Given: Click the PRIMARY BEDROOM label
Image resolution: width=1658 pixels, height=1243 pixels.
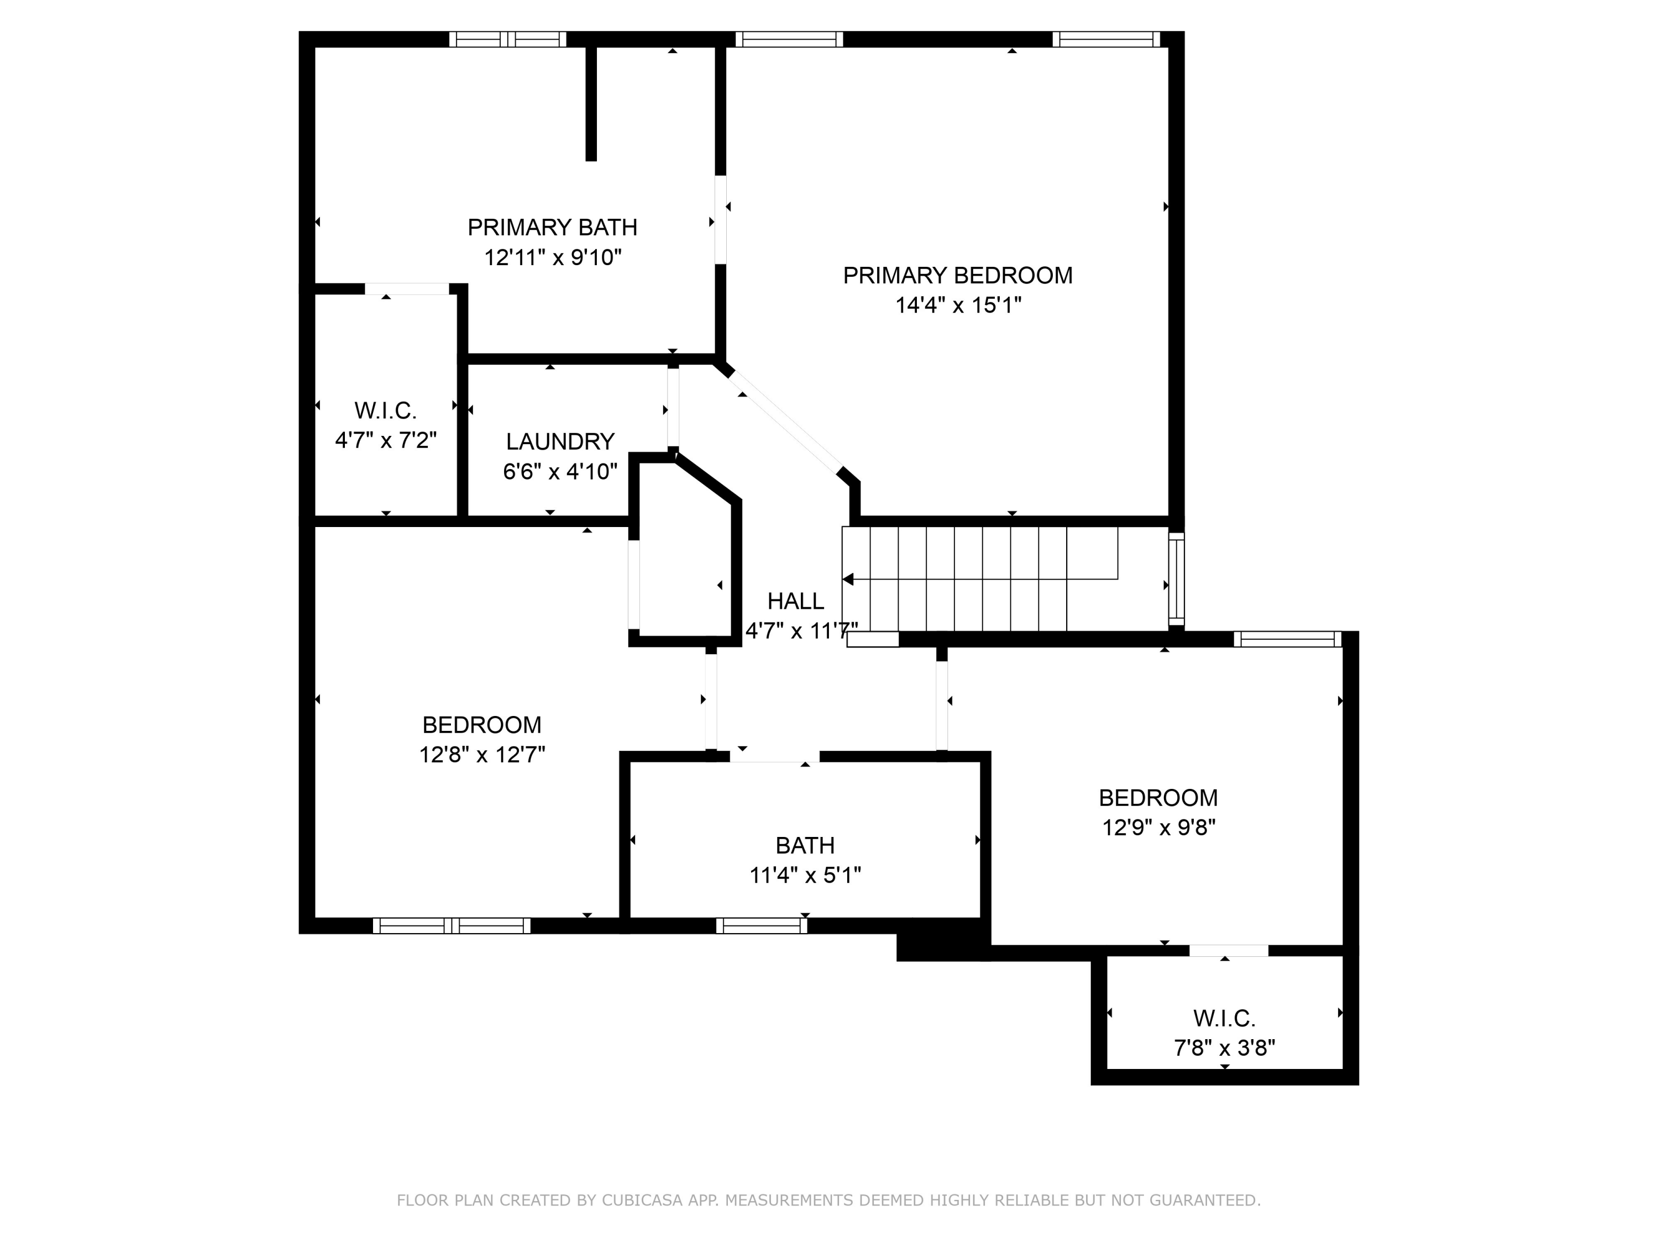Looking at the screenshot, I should tap(957, 276).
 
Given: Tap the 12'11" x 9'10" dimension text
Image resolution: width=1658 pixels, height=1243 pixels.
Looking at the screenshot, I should tap(553, 258).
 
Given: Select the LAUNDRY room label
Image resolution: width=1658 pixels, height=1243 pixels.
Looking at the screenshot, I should tap(560, 441).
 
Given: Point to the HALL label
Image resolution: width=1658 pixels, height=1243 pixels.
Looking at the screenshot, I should tap(795, 601).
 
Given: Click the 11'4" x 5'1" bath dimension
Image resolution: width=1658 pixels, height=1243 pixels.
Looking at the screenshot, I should tap(805, 875).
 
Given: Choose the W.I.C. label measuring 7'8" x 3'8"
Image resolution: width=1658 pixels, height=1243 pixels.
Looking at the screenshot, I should tap(1224, 1018).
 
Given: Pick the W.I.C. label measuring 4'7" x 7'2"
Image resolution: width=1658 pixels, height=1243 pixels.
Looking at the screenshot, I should tap(385, 410).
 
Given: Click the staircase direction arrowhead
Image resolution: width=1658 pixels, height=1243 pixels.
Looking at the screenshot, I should tap(848, 579).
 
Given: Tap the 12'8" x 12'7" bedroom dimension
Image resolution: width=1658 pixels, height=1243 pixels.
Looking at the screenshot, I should tap(482, 755).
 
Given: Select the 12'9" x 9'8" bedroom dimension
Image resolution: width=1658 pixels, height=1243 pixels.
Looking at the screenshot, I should tap(1158, 827).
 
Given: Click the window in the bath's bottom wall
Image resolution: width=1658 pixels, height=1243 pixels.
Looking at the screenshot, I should tap(761, 925).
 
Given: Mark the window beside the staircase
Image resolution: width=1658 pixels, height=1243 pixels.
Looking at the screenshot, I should tap(1177, 579).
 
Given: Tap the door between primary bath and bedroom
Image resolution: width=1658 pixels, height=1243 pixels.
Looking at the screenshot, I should tap(720, 219).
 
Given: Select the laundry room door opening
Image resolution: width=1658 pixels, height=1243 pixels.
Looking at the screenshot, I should tap(673, 408).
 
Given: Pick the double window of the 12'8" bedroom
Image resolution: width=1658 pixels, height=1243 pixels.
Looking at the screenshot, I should tap(451, 925).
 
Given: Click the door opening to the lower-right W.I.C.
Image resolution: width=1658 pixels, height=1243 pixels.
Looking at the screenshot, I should tap(1229, 951).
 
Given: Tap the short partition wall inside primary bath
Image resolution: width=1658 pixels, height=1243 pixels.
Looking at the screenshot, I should tap(591, 103).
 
